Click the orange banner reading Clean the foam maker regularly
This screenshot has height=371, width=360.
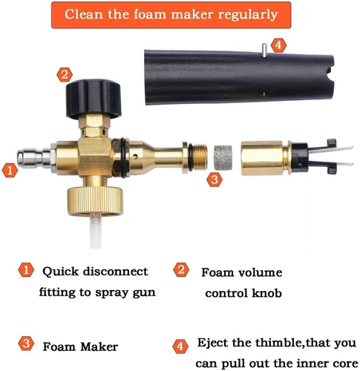(171, 15)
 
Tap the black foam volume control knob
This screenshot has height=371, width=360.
(94, 99)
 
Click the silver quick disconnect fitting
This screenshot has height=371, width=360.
(36, 158)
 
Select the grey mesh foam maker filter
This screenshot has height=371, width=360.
(223, 157)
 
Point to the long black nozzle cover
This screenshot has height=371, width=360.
(239, 77)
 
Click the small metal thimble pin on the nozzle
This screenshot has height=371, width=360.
(264, 50)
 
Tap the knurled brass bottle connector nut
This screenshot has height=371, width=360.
(95, 201)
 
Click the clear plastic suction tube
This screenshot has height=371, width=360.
(96, 231)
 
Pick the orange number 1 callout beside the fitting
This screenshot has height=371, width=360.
(10, 171)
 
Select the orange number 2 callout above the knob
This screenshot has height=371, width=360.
(65, 75)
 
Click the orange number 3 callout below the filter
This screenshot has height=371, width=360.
(215, 180)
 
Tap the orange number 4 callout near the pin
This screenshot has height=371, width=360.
(278, 45)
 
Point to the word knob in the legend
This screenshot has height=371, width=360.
(266, 293)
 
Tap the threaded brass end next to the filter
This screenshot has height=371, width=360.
(198, 157)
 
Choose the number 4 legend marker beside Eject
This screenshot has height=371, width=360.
(180, 346)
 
